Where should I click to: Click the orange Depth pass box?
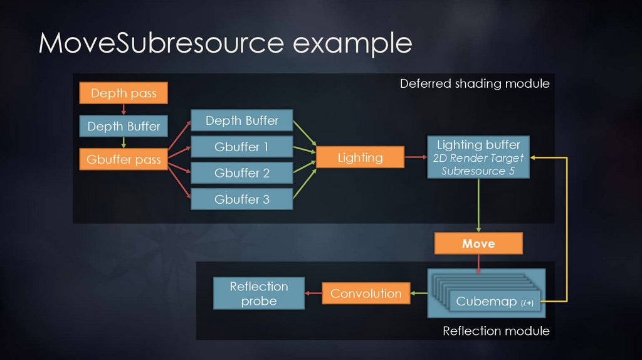pyautogui.click(x=124, y=93)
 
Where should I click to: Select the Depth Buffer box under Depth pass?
pyautogui.click(x=124, y=126)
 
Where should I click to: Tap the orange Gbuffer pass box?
pyautogui.click(x=124, y=159)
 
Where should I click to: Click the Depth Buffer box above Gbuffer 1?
pyautogui.click(x=241, y=120)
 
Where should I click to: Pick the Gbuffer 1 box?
pyautogui.click(x=241, y=147)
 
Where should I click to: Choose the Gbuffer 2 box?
pyautogui.click(x=241, y=172)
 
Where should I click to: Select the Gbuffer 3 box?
pyautogui.click(x=241, y=199)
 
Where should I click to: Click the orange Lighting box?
pyautogui.click(x=360, y=157)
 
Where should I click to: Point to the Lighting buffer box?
pyautogui.click(x=478, y=157)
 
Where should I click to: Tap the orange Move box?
pyautogui.click(x=478, y=243)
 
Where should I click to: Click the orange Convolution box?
pyautogui.click(x=366, y=294)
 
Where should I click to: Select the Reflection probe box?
pyautogui.click(x=258, y=294)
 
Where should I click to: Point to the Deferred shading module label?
pyautogui.click(x=475, y=83)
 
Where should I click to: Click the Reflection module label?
pyautogui.click(x=495, y=331)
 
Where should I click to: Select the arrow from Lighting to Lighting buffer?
pyautogui.click(x=415, y=157)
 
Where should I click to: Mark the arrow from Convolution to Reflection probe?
pyautogui.click(x=313, y=294)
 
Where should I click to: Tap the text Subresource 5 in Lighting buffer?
pyautogui.click(x=478, y=171)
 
